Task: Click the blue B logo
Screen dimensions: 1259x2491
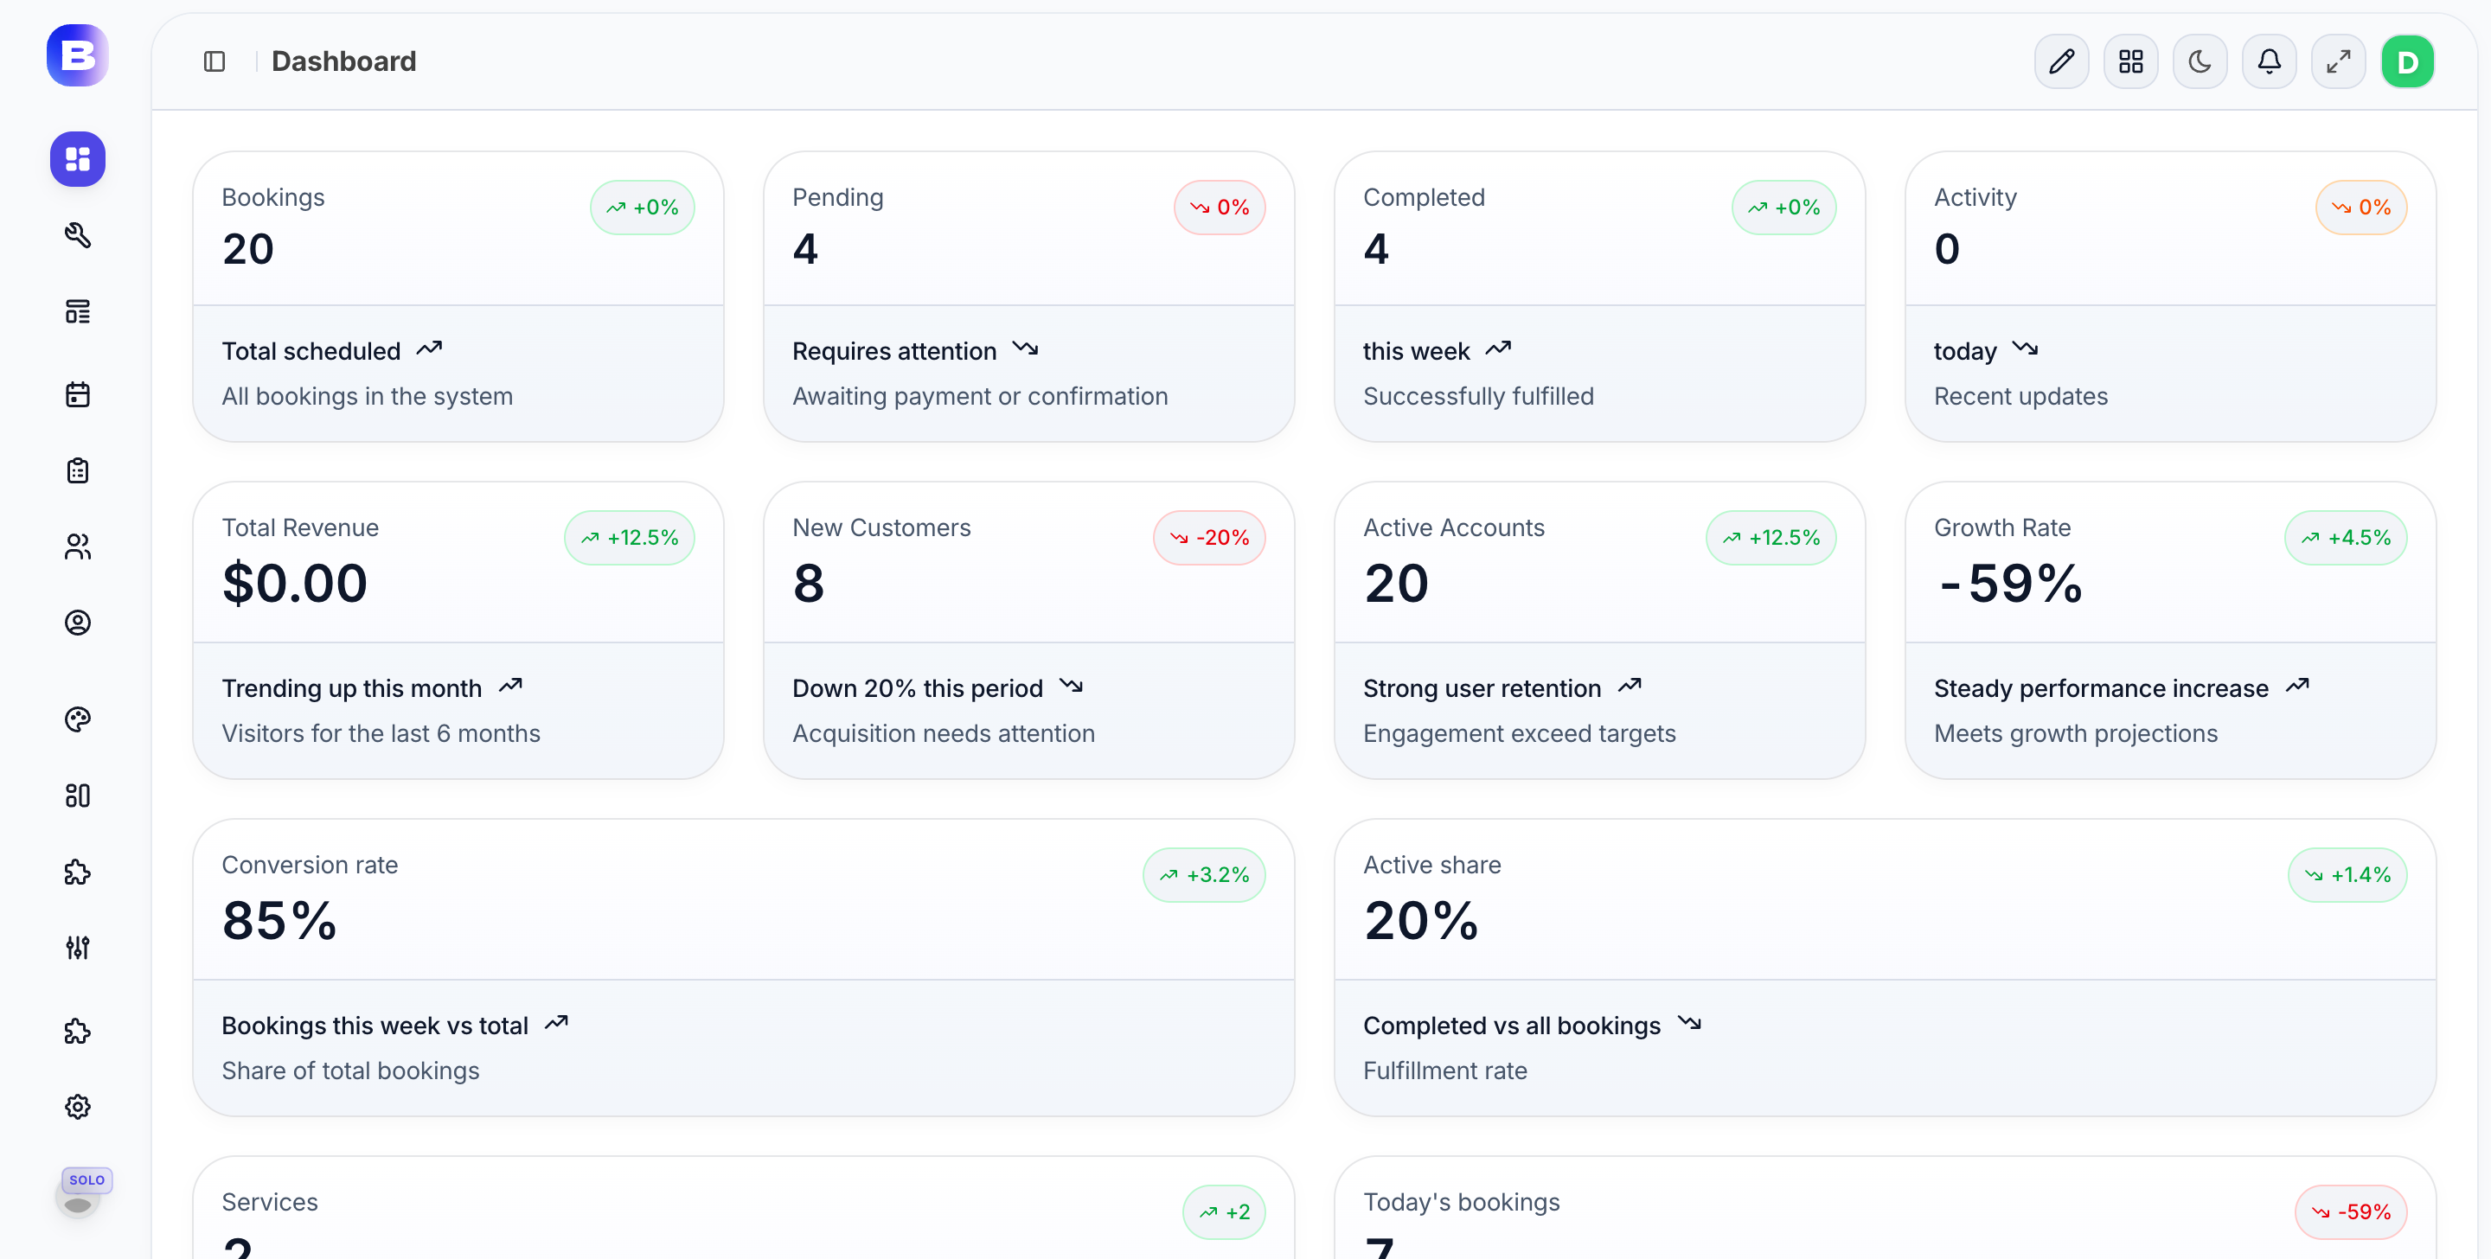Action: [77, 55]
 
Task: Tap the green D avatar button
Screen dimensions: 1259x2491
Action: [2407, 62]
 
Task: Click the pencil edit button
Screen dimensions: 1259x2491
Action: [2060, 62]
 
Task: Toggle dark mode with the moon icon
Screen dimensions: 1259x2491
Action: [2199, 62]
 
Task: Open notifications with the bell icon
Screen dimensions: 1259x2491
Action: [2269, 62]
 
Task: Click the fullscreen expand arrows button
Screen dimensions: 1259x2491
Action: [2338, 62]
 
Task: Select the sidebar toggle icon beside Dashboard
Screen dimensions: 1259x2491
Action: [215, 62]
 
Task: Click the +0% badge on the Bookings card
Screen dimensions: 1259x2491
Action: [642, 207]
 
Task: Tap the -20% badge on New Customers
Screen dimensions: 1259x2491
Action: [1209, 538]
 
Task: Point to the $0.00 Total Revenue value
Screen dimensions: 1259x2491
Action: [295, 583]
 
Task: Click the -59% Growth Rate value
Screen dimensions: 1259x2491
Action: [2009, 583]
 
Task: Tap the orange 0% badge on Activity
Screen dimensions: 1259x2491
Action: [2360, 207]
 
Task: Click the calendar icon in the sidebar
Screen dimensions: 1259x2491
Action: [77, 394]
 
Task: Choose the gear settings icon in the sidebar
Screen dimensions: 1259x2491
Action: [77, 1106]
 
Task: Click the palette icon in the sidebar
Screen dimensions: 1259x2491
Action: [77, 719]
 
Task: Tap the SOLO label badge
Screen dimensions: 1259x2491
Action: [87, 1179]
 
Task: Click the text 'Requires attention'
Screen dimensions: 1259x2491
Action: [893, 351]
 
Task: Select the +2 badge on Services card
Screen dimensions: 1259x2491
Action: [1223, 1211]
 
